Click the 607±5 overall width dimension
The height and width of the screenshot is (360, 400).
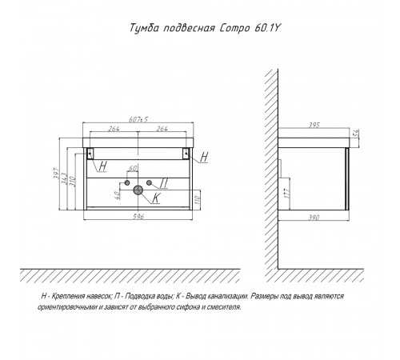point(138,119)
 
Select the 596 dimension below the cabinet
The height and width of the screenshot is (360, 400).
point(138,216)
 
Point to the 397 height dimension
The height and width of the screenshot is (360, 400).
point(57,174)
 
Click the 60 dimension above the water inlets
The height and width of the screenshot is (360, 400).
point(133,169)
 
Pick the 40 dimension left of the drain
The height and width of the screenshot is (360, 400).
point(117,195)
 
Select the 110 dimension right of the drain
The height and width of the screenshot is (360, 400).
point(198,199)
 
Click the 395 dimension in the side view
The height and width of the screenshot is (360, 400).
point(314,125)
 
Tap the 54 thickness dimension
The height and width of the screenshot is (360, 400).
point(356,133)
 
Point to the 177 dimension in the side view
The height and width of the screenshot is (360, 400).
point(286,193)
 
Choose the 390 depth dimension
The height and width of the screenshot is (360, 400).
point(314,218)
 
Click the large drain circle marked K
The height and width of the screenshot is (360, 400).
point(138,190)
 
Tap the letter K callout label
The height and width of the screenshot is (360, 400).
point(156,198)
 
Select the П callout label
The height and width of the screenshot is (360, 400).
point(164,183)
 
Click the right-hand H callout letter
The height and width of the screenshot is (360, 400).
point(204,157)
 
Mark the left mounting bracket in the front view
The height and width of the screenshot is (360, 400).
point(90,154)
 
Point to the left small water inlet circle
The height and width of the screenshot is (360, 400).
point(127,182)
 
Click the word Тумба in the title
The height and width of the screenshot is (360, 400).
point(145,28)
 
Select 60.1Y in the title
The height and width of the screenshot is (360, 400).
point(266,28)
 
